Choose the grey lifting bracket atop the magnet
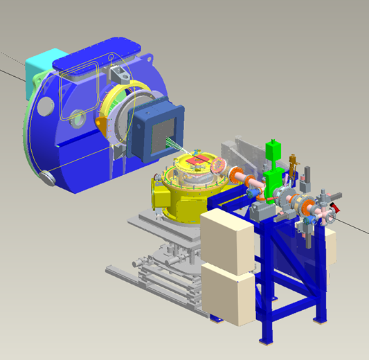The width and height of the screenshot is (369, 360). pos(117,73)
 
